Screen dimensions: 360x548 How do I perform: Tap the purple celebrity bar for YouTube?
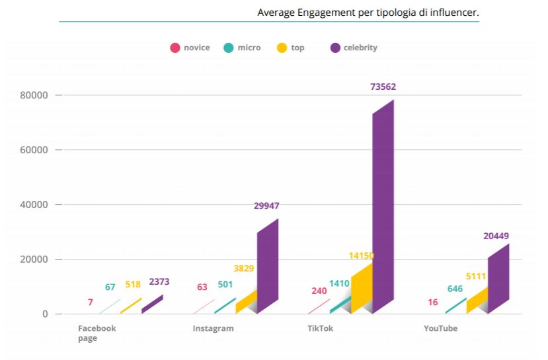(x=498, y=278)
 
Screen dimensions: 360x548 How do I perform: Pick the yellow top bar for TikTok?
(x=362, y=288)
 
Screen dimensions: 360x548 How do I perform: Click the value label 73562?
(x=383, y=87)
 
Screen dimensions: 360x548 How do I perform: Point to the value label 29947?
(x=266, y=205)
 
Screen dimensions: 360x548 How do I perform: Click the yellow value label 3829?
(x=243, y=268)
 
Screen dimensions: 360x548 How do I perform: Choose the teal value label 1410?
(x=339, y=284)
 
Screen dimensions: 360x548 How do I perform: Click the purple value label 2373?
(x=159, y=282)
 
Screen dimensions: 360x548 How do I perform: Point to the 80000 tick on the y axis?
(x=36, y=95)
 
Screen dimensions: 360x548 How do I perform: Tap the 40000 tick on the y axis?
(x=36, y=205)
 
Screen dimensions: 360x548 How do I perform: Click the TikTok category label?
(x=321, y=328)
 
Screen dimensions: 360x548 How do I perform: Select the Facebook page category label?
(x=97, y=333)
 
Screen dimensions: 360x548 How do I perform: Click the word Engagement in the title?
(x=321, y=13)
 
